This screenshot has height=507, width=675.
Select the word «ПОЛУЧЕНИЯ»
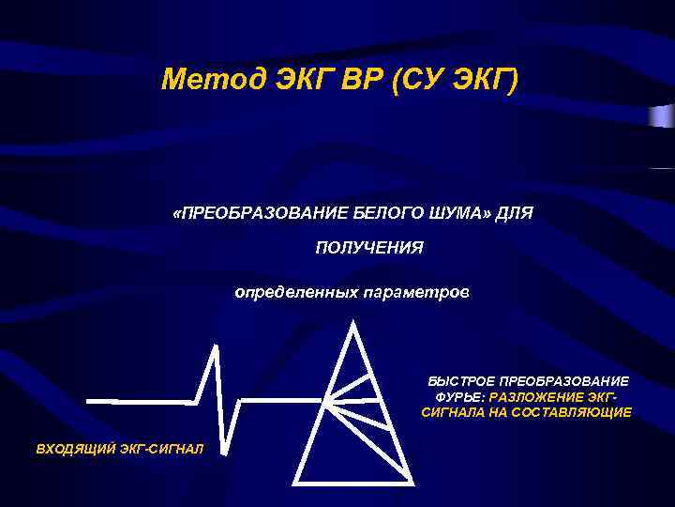[368, 248]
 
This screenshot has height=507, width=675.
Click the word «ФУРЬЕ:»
[454, 397]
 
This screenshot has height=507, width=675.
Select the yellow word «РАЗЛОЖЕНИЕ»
[534, 397]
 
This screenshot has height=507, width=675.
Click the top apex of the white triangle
[352, 323]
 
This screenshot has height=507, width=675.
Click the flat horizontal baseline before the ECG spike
[141, 401]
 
